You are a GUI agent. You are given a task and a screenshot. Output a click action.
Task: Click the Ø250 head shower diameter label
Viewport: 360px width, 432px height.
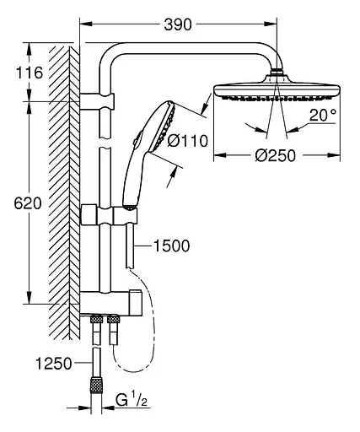[276, 169]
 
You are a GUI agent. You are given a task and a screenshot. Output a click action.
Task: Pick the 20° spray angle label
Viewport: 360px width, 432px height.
[321, 116]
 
